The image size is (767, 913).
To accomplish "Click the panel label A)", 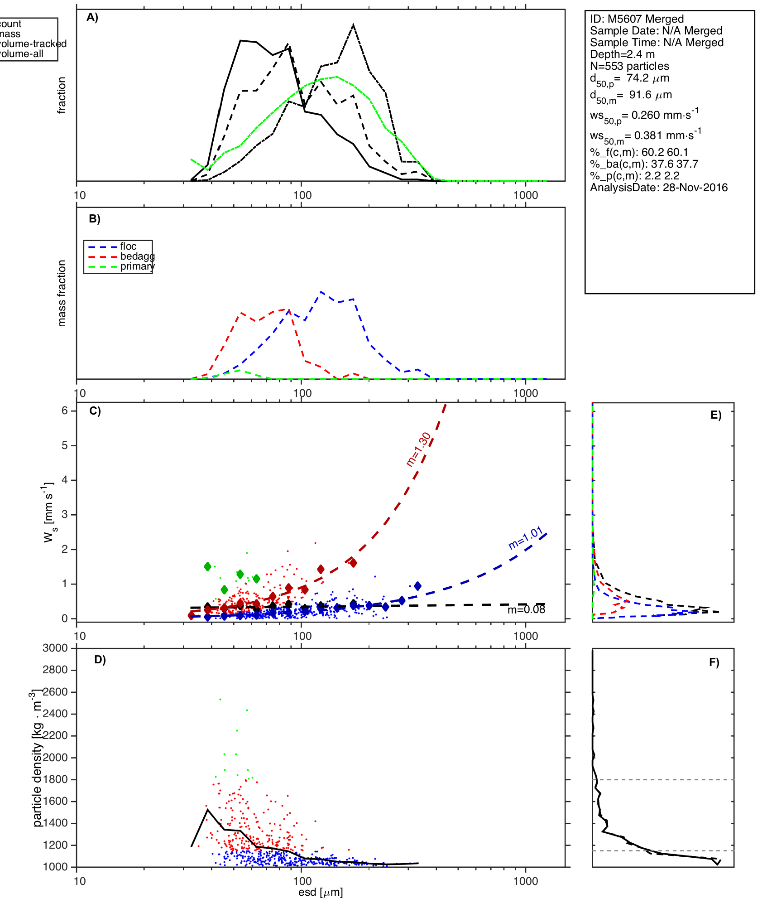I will (92, 18).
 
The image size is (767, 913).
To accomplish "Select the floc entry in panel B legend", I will (128, 246).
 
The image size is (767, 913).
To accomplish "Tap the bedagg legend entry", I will (137, 256).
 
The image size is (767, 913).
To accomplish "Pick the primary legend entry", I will (137, 266).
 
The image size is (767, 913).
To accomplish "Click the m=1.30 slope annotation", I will (418, 449).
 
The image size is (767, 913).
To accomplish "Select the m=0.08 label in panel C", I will (526, 610).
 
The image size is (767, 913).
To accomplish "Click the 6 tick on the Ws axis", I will (65, 411).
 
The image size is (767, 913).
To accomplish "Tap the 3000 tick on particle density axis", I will (55, 648).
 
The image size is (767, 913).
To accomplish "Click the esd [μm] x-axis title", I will (321, 892).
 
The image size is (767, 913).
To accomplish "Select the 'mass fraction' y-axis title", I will (62, 293).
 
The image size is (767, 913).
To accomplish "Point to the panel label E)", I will (716, 415).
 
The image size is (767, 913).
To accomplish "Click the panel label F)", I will (714, 662).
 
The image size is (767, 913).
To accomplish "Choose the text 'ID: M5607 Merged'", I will (637, 19).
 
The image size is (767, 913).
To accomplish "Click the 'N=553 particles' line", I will (629, 66).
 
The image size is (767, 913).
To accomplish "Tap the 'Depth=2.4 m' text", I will (622, 54).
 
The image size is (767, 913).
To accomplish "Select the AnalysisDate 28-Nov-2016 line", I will (659, 188).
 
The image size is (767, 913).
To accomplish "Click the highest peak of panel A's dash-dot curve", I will (353, 25).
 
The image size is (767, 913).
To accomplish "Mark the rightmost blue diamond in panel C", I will (417, 586).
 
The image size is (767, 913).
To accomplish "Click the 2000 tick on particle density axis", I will (55, 758).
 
